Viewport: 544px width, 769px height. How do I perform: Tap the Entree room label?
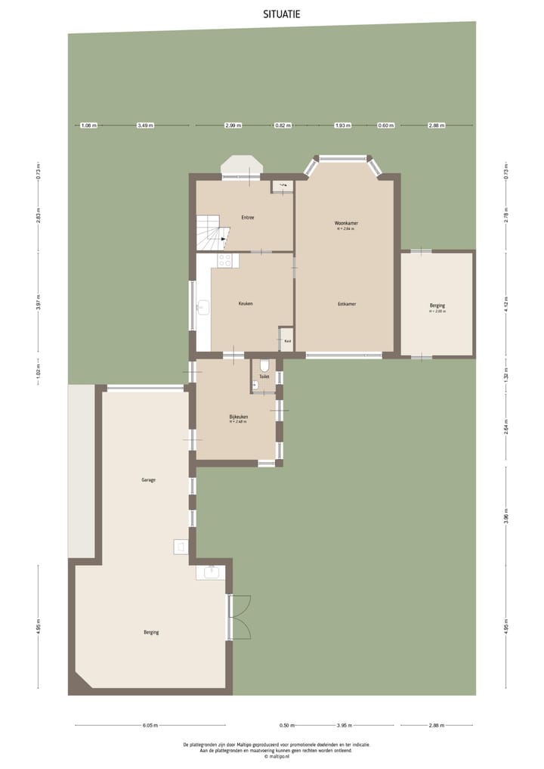coord(247,218)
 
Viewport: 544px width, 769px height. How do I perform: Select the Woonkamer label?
coord(346,224)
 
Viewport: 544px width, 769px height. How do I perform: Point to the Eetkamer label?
coord(346,304)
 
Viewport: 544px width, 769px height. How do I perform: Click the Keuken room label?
coord(246,303)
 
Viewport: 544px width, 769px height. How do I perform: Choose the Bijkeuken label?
coord(239,417)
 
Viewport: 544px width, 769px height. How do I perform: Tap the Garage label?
coord(148,480)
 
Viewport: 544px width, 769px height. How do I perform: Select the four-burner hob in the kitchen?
coord(225,261)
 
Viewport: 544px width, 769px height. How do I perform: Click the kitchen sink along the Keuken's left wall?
coord(202,307)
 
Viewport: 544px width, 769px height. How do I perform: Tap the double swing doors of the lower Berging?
coord(240,617)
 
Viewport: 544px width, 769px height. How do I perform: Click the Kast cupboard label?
coord(287,341)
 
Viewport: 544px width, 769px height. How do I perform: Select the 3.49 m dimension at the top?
coord(145,126)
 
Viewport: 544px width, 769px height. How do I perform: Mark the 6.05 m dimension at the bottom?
coord(150,725)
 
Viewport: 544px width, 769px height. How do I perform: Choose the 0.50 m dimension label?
coord(286,725)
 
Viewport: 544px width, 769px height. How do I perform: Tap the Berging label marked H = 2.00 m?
coord(437,306)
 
